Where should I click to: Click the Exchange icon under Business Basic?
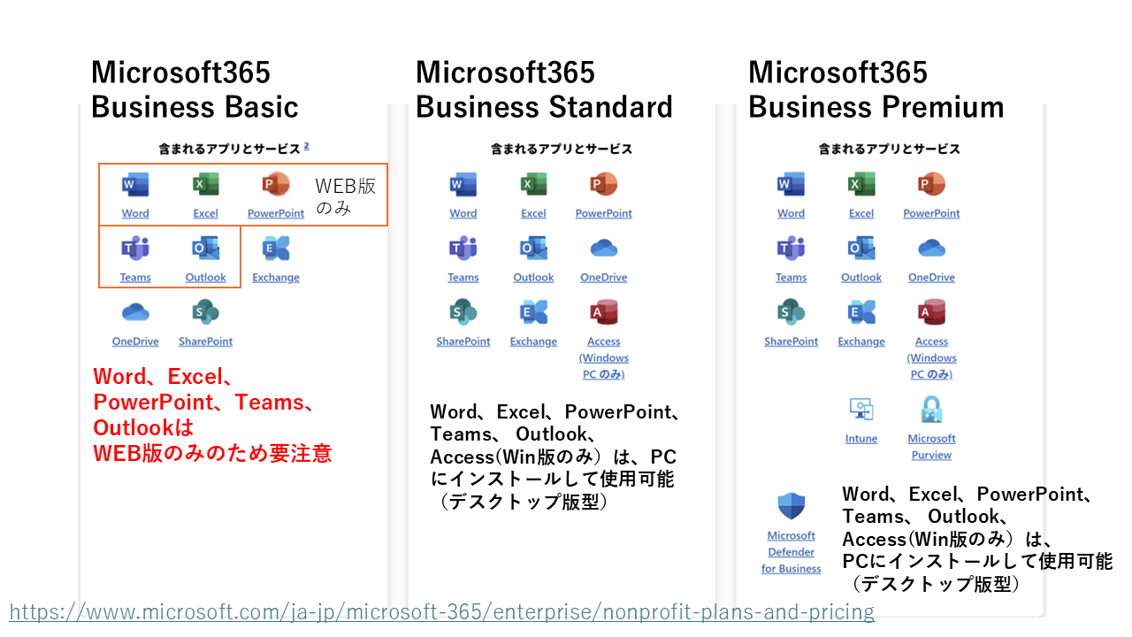pyautogui.click(x=276, y=249)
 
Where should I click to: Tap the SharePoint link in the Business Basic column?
pyautogui.click(x=206, y=342)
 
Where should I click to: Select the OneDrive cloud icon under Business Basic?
pyautogui.click(x=135, y=312)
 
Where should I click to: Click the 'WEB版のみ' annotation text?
pyautogui.click(x=346, y=196)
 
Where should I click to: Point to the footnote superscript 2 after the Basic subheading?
pyautogui.click(x=306, y=146)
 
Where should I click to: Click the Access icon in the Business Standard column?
pyautogui.click(x=604, y=312)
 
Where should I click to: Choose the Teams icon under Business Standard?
pyautogui.click(x=463, y=249)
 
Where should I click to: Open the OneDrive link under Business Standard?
pyautogui.click(x=604, y=277)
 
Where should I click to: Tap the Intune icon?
pyautogui.click(x=861, y=409)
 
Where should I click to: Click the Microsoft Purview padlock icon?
pyautogui.click(x=931, y=409)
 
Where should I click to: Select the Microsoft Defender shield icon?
pyautogui.click(x=791, y=505)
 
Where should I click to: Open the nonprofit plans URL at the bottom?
pyautogui.click(x=442, y=611)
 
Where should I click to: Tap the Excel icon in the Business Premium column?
pyautogui.click(x=861, y=184)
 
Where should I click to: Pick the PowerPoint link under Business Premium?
pyautogui.click(x=931, y=213)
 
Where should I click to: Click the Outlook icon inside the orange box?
pyautogui.click(x=206, y=249)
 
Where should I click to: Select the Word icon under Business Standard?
pyautogui.click(x=463, y=184)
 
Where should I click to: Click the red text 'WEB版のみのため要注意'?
pyautogui.click(x=212, y=454)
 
